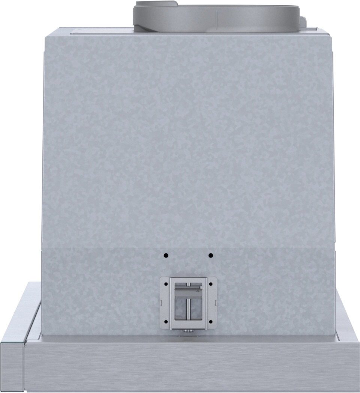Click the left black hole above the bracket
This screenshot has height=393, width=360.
coord(166,256)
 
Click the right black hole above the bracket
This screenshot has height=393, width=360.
coord(211,256)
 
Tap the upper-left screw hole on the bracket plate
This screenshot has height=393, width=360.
coord(165,284)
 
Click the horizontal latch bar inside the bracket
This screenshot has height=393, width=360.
coord(187,288)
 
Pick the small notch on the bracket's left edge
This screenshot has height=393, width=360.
coord(160,303)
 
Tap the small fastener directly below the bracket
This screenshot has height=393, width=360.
coord(186,331)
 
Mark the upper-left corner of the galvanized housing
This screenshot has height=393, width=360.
coord(46,35)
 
